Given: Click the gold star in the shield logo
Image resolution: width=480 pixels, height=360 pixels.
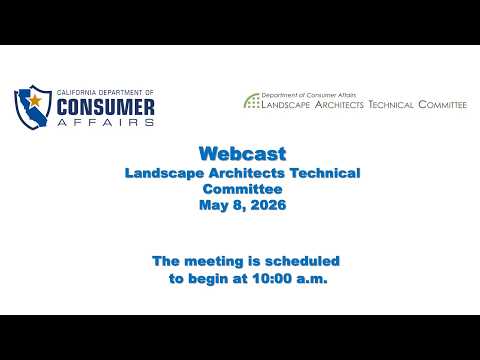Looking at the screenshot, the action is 35,100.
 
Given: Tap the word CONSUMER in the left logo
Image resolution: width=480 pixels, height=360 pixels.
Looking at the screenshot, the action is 105,107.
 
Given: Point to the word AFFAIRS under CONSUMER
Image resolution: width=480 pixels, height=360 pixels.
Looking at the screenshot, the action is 105,122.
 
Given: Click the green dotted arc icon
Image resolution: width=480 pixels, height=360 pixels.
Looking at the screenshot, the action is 252,101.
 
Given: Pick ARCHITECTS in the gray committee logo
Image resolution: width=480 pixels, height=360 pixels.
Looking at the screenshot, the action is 339,104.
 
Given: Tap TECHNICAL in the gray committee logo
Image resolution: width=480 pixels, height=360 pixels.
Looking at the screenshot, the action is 391,104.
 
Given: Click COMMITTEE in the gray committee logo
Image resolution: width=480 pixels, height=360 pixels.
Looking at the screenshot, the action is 443,104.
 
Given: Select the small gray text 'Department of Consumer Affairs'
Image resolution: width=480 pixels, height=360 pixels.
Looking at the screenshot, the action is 309,95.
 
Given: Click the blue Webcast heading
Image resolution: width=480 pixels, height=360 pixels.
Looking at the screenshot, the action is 243,154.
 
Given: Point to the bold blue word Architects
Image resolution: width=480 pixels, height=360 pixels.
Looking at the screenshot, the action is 247,173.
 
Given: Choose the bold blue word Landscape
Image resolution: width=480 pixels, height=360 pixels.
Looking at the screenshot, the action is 164,174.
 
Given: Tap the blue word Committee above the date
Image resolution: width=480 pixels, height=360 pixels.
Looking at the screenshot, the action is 243,189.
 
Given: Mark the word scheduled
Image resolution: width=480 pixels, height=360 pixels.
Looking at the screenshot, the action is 302,261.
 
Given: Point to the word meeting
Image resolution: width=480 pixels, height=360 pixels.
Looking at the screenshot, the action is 214,262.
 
